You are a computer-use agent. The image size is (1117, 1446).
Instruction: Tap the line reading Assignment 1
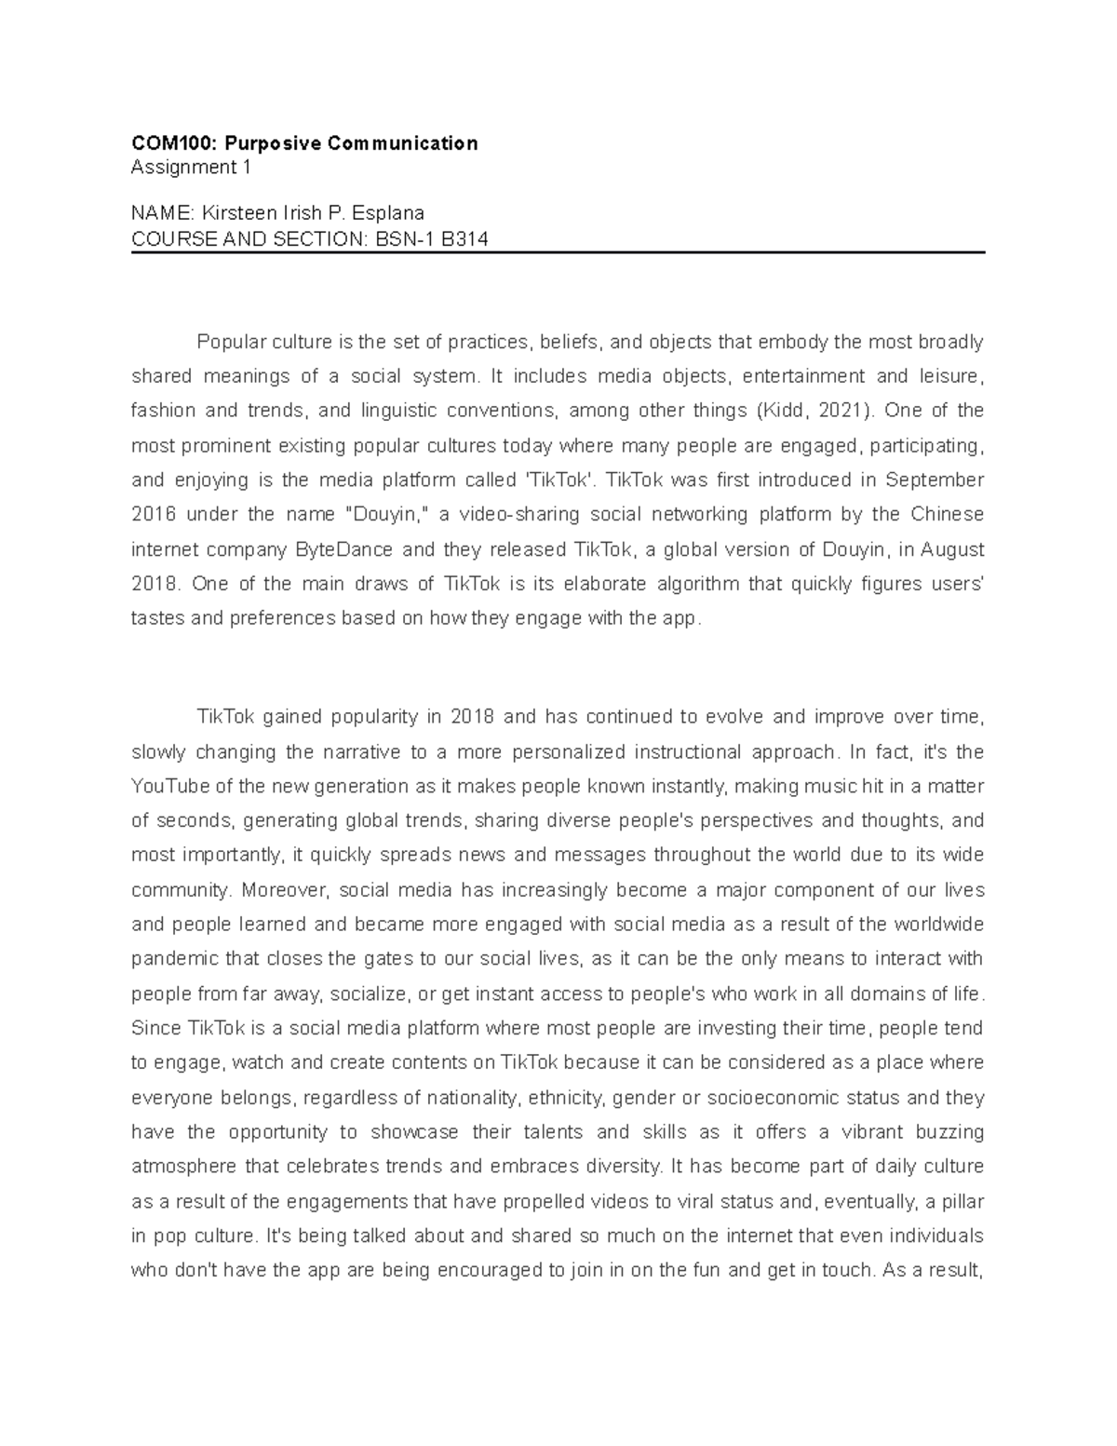(191, 168)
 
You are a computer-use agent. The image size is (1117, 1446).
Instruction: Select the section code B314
(464, 239)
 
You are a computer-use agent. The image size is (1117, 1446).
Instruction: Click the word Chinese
(947, 515)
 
